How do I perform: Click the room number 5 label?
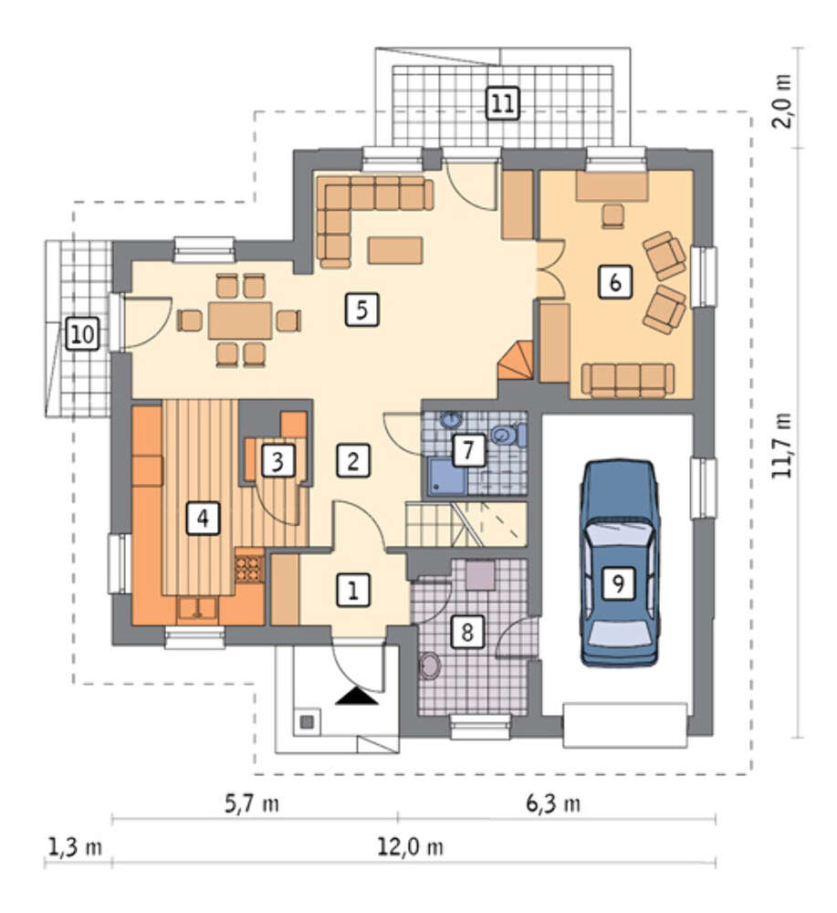(x=361, y=310)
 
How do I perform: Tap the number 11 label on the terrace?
(x=502, y=104)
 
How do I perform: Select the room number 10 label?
(x=82, y=334)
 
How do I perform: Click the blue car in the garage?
(x=620, y=562)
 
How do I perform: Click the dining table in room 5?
(x=240, y=320)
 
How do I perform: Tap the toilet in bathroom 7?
(x=507, y=435)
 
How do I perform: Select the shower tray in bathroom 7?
(x=447, y=476)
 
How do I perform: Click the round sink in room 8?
(x=430, y=666)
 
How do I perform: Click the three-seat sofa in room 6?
(x=627, y=379)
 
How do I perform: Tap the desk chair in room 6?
(x=612, y=215)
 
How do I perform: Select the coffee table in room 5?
(x=395, y=250)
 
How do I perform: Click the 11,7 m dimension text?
(x=781, y=446)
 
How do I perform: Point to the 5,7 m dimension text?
(x=251, y=804)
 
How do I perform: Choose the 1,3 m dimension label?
(x=75, y=847)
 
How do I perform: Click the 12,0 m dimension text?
(x=411, y=847)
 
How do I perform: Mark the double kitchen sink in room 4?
(x=197, y=610)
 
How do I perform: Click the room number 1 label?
(x=352, y=590)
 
